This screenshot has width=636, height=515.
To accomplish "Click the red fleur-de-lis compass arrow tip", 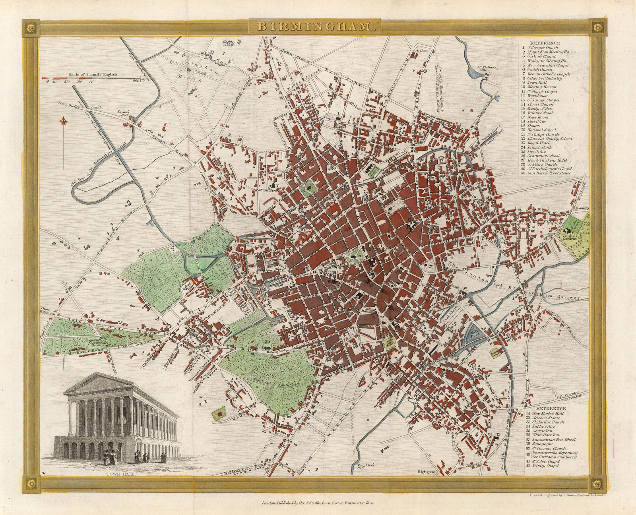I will pyautogui.click(x=62, y=120).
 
